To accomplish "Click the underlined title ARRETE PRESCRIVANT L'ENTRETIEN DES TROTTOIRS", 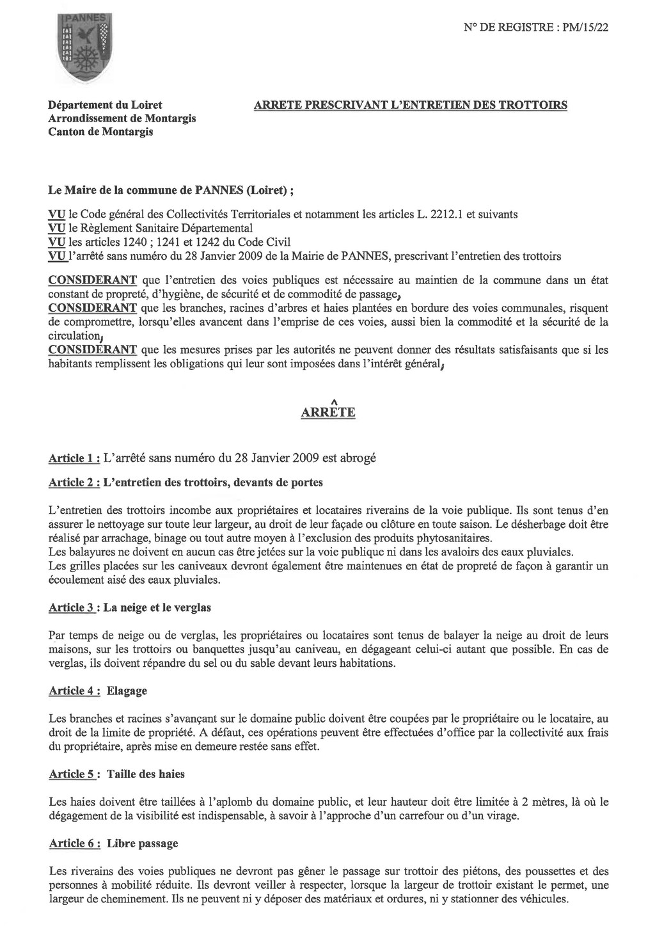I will pos(410,105).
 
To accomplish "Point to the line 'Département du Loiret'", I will pos(106,105).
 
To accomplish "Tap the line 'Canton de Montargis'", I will pos(101,132).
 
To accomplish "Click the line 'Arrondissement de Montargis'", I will pos(122,118).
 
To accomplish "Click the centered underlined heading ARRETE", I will pos(327,413).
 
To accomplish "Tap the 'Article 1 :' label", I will pos(74,458).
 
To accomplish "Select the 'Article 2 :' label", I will pos(74,483).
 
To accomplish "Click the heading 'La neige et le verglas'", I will pos(157,607).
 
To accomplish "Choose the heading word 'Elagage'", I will pos(127,691).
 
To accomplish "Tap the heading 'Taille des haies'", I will pos(146,774).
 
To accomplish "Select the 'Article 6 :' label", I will pos(74,843).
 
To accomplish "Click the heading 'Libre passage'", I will pos(142,843).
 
